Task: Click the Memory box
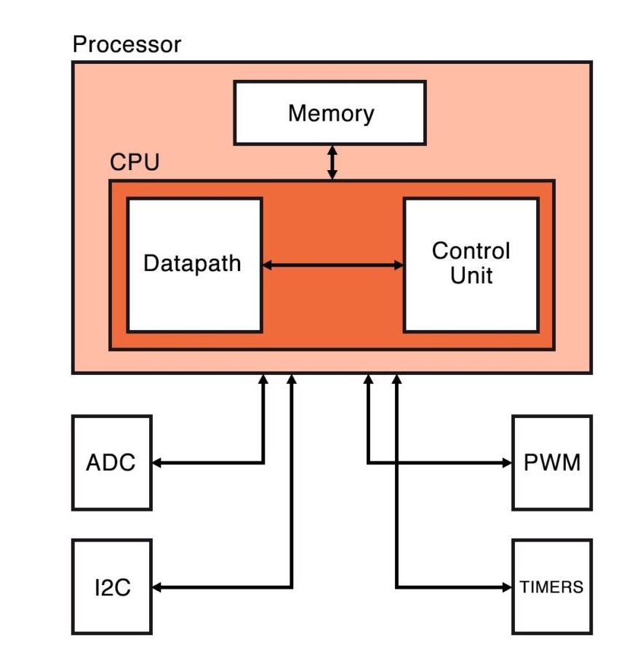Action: pyautogui.click(x=330, y=113)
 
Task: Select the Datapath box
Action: pyautogui.click(x=193, y=265)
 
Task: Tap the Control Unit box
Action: pyautogui.click(x=471, y=265)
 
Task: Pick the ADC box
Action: pyautogui.click(x=111, y=463)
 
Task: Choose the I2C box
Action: pyautogui.click(x=111, y=586)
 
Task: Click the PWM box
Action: pyautogui.click(x=551, y=463)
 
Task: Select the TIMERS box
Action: pyautogui.click(x=551, y=586)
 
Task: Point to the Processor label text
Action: pyautogui.click(x=127, y=45)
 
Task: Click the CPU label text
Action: pyautogui.click(x=134, y=162)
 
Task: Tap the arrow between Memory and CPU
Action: pyautogui.click(x=332, y=162)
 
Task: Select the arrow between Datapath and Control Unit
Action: pyautogui.click(x=332, y=265)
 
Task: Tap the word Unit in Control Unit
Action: pyautogui.click(x=471, y=276)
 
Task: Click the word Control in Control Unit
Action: pyautogui.click(x=471, y=251)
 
